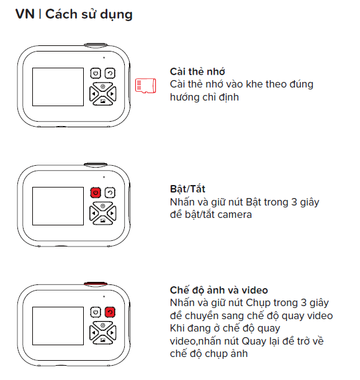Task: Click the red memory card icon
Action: [145, 86]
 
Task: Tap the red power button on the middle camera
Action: [96, 192]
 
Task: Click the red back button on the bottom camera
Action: [110, 312]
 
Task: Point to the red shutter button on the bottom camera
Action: [96, 283]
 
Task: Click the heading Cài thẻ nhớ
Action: [197, 72]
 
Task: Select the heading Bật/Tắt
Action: [187, 189]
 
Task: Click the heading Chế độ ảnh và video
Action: [218, 290]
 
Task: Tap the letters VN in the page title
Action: [25, 14]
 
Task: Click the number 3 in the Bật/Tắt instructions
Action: [294, 202]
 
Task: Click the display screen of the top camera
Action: [58, 87]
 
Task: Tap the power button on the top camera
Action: [96, 73]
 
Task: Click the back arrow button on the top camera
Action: [110, 73]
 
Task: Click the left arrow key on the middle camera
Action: [93, 213]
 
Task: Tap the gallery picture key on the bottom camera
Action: [102, 340]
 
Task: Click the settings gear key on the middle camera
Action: [102, 206]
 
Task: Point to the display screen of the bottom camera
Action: [58, 326]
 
